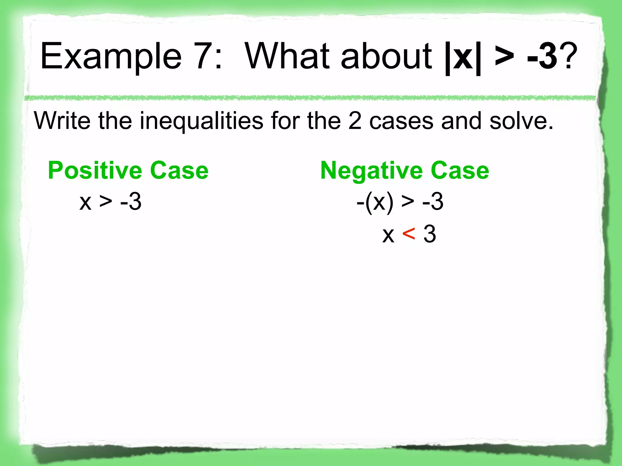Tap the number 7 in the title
[x=204, y=56]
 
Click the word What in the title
[x=287, y=56]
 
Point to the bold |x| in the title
[x=463, y=58]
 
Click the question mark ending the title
[x=568, y=56]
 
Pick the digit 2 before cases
[x=354, y=121]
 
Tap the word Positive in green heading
[x=95, y=171]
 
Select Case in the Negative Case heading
[x=460, y=171]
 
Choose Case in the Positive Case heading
[x=179, y=171]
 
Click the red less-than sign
[x=408, y=234]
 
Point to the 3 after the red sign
[x=430, y=234]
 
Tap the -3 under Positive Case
[x=131, y=202]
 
